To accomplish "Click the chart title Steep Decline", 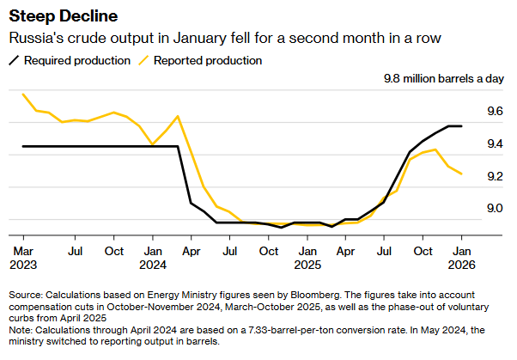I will [x=64, y=16].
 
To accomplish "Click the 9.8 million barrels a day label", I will [x=443, y=80].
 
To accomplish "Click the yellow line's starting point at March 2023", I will [x=23, y=94].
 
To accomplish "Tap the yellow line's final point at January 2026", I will [x=462, y=174].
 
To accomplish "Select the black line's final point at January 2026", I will [x=462, y=126].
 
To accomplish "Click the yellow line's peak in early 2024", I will [x=178, y=116].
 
